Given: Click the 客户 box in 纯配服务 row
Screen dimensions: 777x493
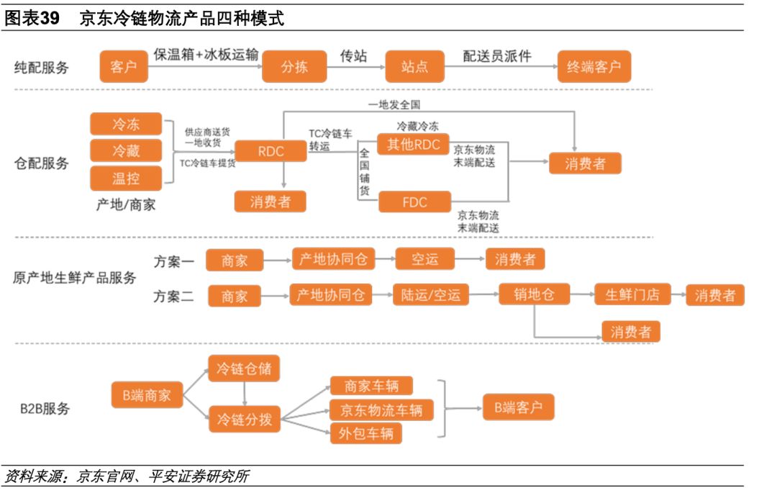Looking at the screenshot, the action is coord(124,66).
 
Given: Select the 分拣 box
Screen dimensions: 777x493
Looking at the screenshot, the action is coord(294,66).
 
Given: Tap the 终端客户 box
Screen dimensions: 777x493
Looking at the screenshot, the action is coord(594,66).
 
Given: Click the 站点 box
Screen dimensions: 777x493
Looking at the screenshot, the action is coord(414,66).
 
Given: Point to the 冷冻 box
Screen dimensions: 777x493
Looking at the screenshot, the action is coord(126,124).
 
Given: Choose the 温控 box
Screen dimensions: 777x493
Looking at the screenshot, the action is coord(126,178).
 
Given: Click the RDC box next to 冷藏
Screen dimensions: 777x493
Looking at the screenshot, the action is coord(271,151).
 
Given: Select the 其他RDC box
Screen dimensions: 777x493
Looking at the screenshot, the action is coord(413,144).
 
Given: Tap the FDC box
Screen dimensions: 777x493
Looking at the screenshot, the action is coord(415,202).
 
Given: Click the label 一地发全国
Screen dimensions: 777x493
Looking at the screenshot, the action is coord(394,104).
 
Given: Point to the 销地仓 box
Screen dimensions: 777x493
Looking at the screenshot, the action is coord(534,294).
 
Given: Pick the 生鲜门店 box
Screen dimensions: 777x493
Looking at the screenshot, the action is coord(632,294).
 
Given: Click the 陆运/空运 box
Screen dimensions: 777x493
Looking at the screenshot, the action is coord(431,295).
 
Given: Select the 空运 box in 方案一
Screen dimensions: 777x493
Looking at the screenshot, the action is coord(424,259).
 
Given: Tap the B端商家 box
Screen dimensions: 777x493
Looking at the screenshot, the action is coord(147,395).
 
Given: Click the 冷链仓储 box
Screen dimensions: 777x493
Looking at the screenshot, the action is coord(244,368).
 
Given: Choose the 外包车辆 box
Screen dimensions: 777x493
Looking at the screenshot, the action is coord(366,433).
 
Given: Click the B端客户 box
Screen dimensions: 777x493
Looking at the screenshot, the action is coord(518,408).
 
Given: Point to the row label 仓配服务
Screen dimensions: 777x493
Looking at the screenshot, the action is coord(42,163).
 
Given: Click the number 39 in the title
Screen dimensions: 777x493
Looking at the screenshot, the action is coord(49,18).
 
